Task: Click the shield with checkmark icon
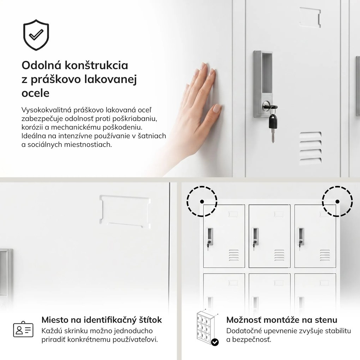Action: point(36,35)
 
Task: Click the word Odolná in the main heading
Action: point(41,65)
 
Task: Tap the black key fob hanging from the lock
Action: point(273,122)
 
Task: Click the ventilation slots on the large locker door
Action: point(310,148)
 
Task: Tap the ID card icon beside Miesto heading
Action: point(23,329)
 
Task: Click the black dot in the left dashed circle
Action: point(202,202)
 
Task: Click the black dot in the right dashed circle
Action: point(337,202)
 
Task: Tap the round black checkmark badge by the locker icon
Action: point(215,342)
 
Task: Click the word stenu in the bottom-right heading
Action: point(326,320)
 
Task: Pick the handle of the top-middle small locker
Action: point(255,237)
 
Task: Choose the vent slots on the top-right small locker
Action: point(325,255)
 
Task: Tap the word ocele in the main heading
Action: point(35,93)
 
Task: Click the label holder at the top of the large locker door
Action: point(310,18)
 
